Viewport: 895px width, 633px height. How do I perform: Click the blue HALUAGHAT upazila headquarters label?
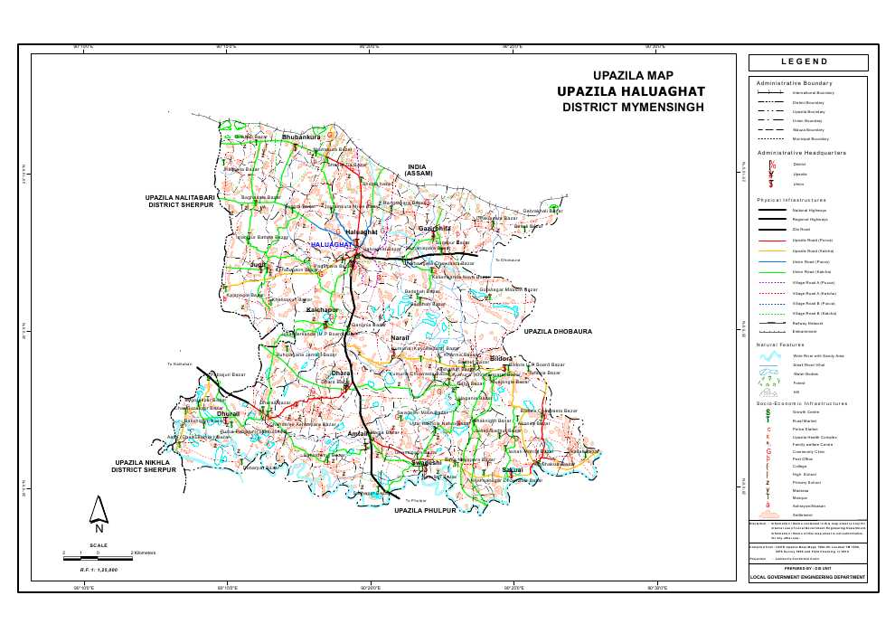331,245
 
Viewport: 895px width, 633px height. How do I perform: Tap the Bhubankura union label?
300,137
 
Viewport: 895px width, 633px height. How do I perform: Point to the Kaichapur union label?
322,310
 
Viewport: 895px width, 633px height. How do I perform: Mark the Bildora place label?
501,359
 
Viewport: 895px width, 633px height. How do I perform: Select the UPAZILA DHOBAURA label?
558,332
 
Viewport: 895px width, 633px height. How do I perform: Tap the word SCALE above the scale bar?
99,545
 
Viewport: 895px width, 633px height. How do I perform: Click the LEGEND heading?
809,61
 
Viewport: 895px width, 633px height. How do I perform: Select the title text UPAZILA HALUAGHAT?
630,91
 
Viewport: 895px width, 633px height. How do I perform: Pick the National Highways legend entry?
809,210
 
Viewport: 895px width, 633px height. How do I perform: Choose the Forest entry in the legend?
798,383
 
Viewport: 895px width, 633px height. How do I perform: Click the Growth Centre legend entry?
807,411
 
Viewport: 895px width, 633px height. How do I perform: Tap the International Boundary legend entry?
813,92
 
